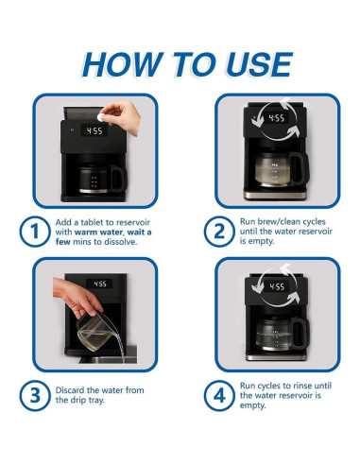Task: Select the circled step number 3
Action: coord(32,394)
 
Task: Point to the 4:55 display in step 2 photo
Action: coord(276,119)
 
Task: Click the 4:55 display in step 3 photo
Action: coord(99,283)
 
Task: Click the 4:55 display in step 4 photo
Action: coord(276,286)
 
